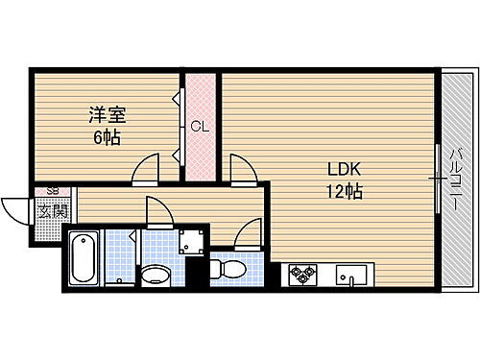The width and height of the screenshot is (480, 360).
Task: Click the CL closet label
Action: pos(200,126)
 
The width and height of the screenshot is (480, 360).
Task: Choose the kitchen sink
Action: pos(350,276)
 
